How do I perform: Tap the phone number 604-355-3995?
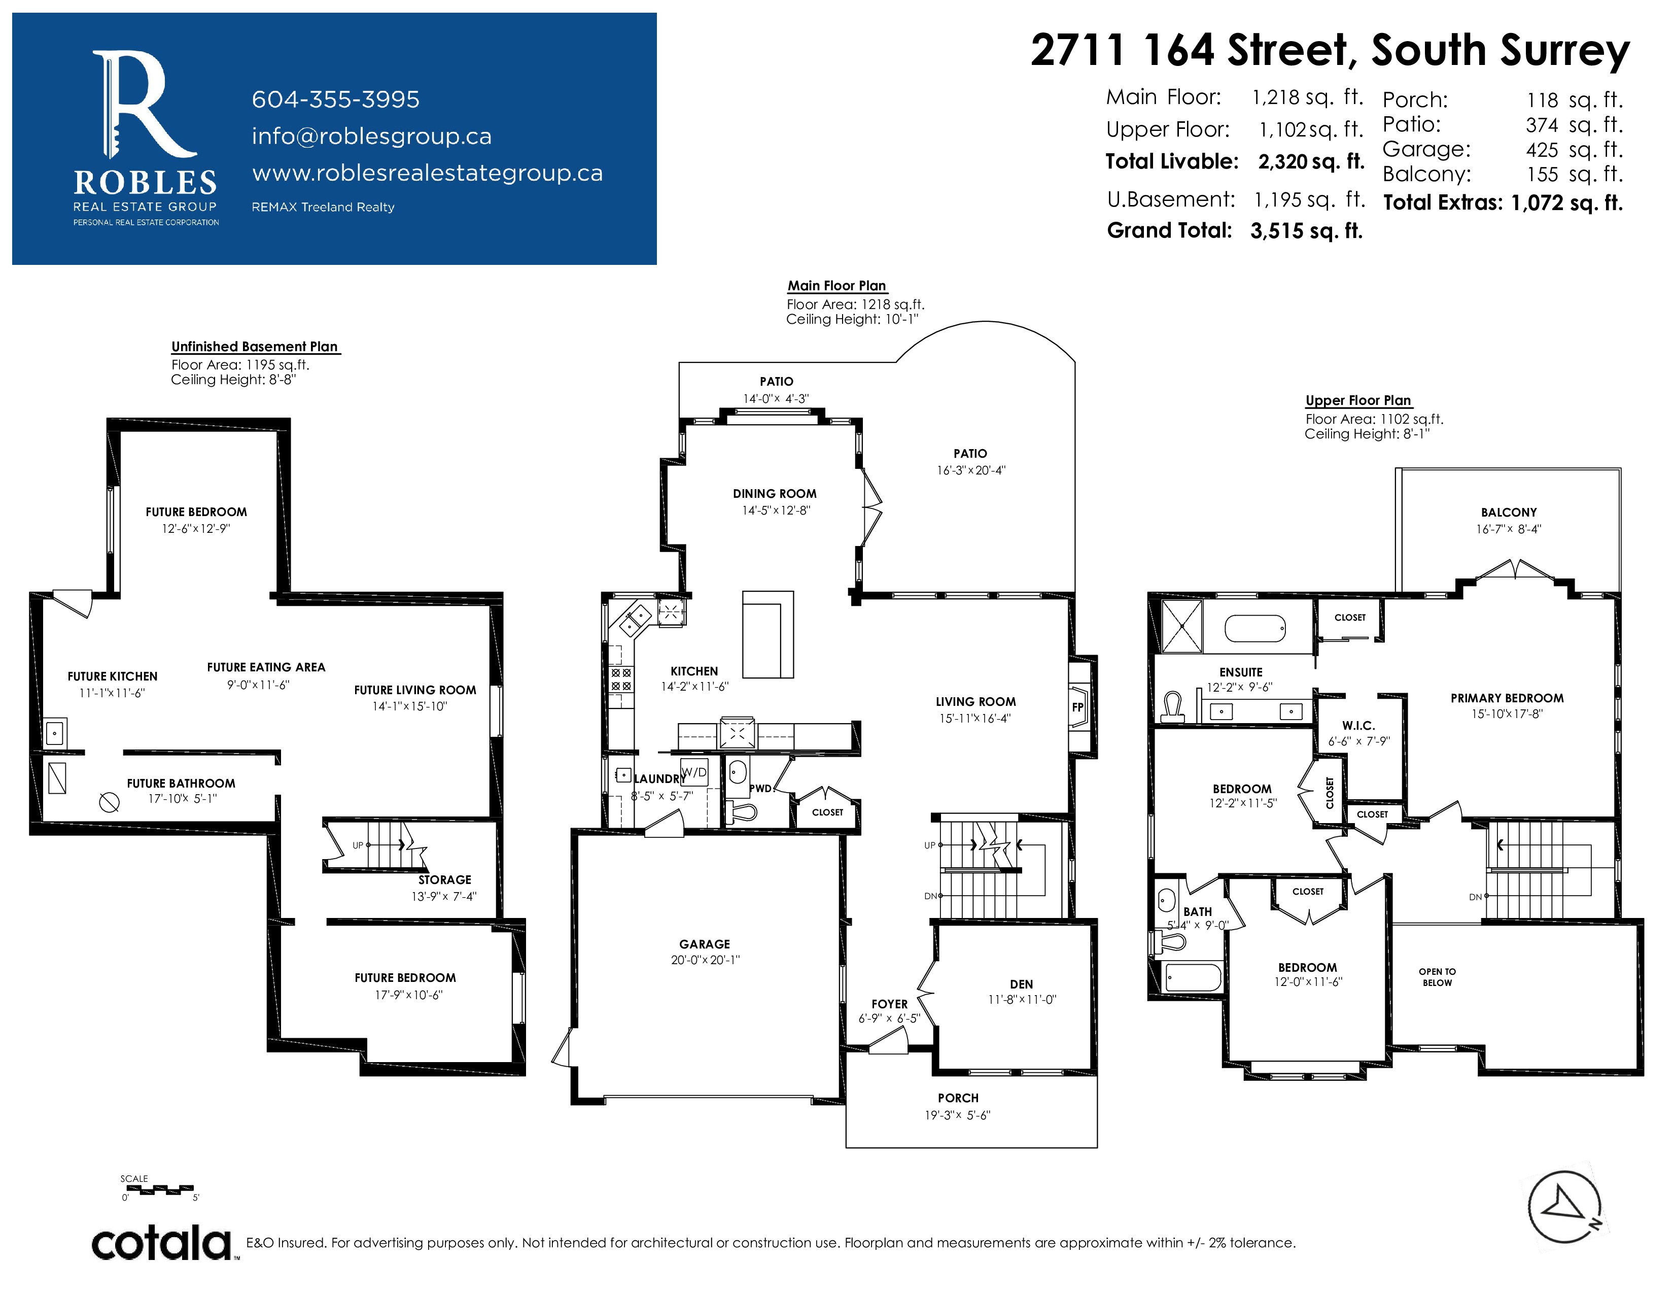pyautogui.click(x=336, y=99)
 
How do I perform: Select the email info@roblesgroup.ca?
pyautogui.click(x=372, y=137)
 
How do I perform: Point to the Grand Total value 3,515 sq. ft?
pyautogui.click(x=1306, y=231)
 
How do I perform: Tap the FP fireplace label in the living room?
pyautogui.click(x=1077, y=707)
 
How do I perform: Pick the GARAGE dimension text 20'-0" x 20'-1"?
pyautogui.click(x=705, y=960)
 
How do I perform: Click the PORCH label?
pyautogui.click(x=958, y=1098)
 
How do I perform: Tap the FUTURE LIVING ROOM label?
pyautogui.click(x=414, y=690)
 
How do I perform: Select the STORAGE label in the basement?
pyautogui.click(x=444, y=879)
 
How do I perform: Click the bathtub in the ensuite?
pyautogui.click(x=1254, y=629)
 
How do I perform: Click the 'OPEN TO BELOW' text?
pyautogui.click(x=1437, y=977)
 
